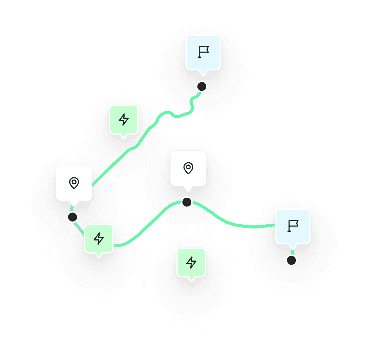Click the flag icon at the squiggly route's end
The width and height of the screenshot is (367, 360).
click(203, 52)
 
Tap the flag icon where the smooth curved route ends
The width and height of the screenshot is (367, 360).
click(293, 226)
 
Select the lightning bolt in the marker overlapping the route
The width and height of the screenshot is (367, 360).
click(99, 239)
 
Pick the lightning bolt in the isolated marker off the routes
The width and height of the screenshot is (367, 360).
click(191, 262)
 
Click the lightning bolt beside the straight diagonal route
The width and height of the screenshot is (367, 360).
click(124, 120)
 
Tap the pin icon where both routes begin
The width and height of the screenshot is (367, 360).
click(74, 183)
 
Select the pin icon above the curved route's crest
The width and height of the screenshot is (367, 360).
click(188, 168)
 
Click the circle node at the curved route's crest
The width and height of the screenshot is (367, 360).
click(187, 202)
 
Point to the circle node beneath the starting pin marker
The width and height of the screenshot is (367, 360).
click(73, 217)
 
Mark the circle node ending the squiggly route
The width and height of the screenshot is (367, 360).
click(202, 86)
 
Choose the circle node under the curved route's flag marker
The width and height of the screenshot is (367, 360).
click(291, 260)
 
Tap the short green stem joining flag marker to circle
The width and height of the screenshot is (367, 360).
click(292, 251)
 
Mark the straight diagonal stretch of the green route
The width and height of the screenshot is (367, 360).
click(116, 161)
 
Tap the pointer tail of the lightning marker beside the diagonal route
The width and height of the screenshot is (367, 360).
click(123, 136)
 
